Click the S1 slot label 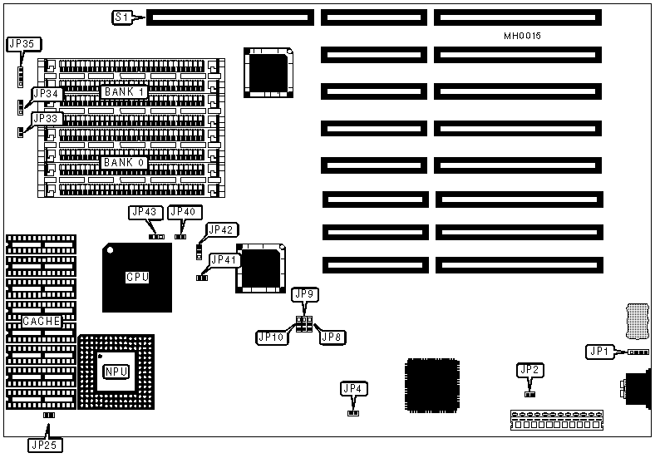pyautogui.click(x=121, y=17)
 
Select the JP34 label pyautogui.click(x=46, y=94)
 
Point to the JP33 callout pyautogui.click(x=46, y=119)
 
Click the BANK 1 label pyautogui.click(x=125, y=91)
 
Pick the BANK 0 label pyautogui.click(x=125, y=162)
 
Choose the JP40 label pyautogui.click(x=183, y=212)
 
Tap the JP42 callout pyautogui.click(x=222, y=229)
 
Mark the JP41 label pyautogui.click(x=225, y=260)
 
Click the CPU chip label pyautogui.click(x=137, y=277)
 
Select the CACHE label pyautogui.click(x=42, y=322)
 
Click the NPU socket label pyautogui.click(x=116, y=371)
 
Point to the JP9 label pyautogui.click(x=305, y=294)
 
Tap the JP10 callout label pyautogui.click(x=271, y=337)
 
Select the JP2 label pyautogui.click(x=529, y=370)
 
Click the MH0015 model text pyautogui.click(x=522, y=36)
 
